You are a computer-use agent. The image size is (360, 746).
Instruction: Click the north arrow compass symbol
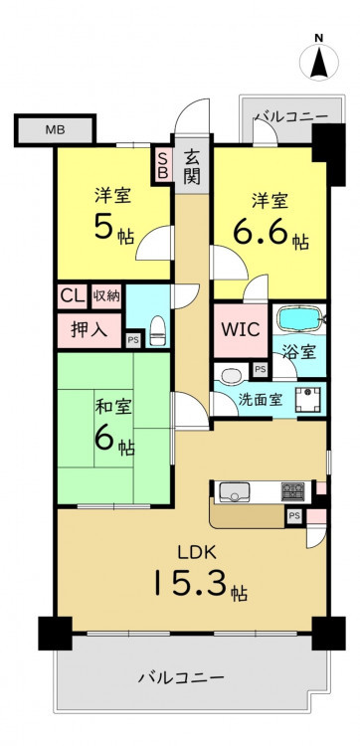319,62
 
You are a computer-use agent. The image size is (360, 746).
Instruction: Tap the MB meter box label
55,129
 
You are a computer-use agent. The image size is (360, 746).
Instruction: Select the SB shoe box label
162,164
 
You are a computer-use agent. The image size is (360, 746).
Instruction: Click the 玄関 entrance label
192,166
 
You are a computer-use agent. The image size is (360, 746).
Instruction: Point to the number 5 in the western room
104,227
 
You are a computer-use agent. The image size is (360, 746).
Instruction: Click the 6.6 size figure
262,232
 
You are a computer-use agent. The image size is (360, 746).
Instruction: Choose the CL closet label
73,296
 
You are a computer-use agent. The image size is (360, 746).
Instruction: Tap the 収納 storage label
106,296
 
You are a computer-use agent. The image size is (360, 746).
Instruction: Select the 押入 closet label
89,329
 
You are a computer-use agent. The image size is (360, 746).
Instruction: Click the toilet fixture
157,330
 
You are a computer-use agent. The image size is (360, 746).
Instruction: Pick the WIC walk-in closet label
240,329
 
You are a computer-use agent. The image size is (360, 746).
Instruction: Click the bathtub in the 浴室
300,318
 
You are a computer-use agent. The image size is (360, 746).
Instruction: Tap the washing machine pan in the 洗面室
307,399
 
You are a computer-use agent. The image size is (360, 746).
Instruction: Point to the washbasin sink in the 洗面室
232,375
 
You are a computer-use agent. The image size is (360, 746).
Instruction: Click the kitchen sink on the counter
234,492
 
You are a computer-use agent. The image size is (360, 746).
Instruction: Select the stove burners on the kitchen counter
293,491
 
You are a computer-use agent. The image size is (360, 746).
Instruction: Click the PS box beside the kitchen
294,517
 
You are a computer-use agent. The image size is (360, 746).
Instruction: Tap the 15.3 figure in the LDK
193,583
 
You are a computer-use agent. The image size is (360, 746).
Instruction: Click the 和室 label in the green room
113,407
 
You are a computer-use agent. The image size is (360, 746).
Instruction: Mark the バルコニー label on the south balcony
181,676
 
